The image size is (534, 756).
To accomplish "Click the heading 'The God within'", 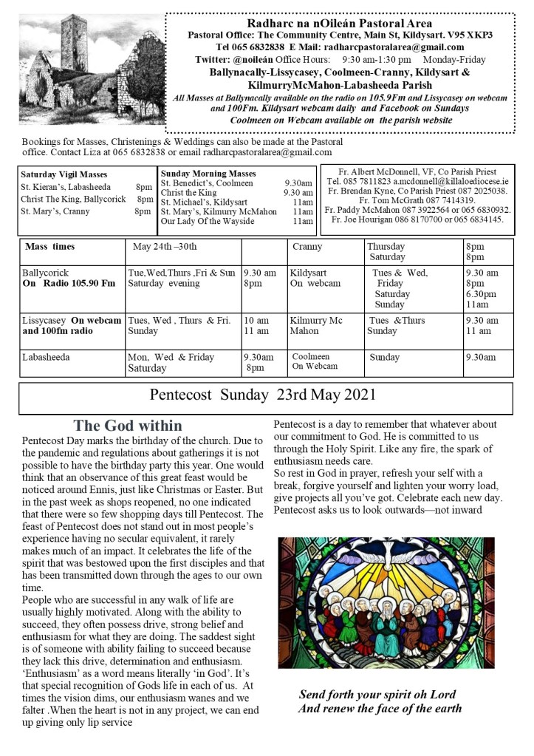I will point(128,426).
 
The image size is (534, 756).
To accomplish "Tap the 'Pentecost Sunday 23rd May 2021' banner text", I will point(262,395).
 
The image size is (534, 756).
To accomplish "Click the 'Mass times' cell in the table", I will point(49,246).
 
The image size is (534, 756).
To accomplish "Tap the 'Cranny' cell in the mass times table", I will point(307,246).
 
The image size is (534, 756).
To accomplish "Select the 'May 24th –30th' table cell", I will point(165,246).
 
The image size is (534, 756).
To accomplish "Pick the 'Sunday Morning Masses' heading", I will point(208,173).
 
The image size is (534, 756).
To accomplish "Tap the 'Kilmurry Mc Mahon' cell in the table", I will point(316,325).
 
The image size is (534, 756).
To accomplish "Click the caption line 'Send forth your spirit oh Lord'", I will point(377,695).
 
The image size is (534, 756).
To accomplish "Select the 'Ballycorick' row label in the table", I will point(46,273).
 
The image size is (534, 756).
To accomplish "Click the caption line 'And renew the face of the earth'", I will point(380,709).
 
